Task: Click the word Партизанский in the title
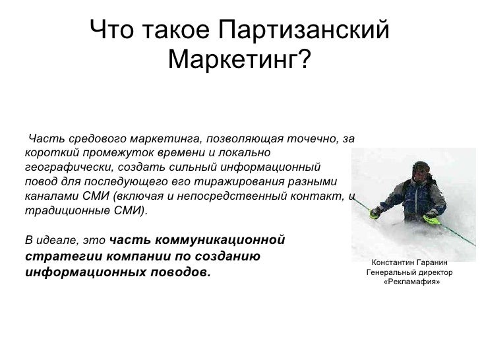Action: [x=304, y=30]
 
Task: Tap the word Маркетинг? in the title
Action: [x=240, y=59]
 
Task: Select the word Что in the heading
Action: [x=111, y=30]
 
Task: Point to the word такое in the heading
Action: [x=176, y=30]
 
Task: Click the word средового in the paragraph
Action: [x=98, y=138]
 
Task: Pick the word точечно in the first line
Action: [x=313, y=138]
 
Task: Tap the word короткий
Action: [x=52, y=153]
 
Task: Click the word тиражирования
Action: [x=240, y=182]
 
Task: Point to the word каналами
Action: [x=51, y=196]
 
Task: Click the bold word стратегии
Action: [x=64, y=256]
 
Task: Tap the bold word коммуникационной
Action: [x=220, y=240]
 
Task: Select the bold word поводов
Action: [x=181, y=272]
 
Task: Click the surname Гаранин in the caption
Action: [x=433, y=262]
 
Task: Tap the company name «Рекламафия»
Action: [x=411, y=282]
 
